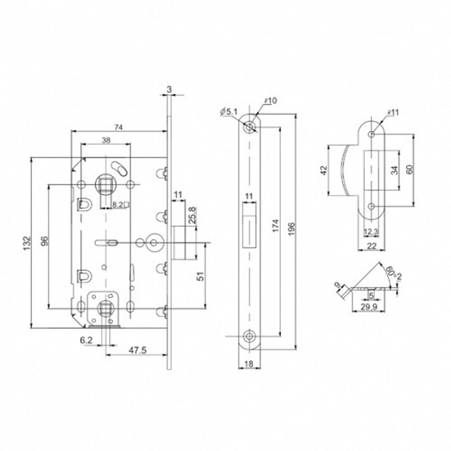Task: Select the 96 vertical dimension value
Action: coord(44,243)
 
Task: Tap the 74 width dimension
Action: coord(118,127)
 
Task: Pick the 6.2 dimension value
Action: coord(87,341)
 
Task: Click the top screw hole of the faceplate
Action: coord(249,128)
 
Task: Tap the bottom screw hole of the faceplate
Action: coord(249,336)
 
